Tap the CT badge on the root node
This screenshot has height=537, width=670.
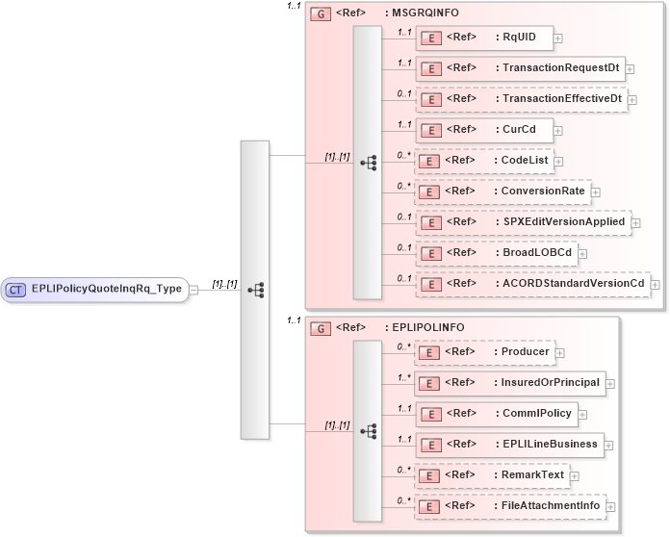point(16,288)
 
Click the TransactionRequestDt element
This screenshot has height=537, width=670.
point(520,67)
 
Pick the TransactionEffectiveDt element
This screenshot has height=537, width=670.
point(521,98)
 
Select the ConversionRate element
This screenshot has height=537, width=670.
point(502,191)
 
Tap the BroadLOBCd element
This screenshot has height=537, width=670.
point(496,252)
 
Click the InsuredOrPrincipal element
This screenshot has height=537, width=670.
point(510,382)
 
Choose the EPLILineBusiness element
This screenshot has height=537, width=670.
point(510,444)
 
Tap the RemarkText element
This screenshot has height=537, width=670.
point(491,474)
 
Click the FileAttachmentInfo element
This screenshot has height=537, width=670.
point(510,505)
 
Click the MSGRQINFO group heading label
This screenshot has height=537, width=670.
point(422,14)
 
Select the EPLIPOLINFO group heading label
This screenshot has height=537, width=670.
point(427,327)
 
